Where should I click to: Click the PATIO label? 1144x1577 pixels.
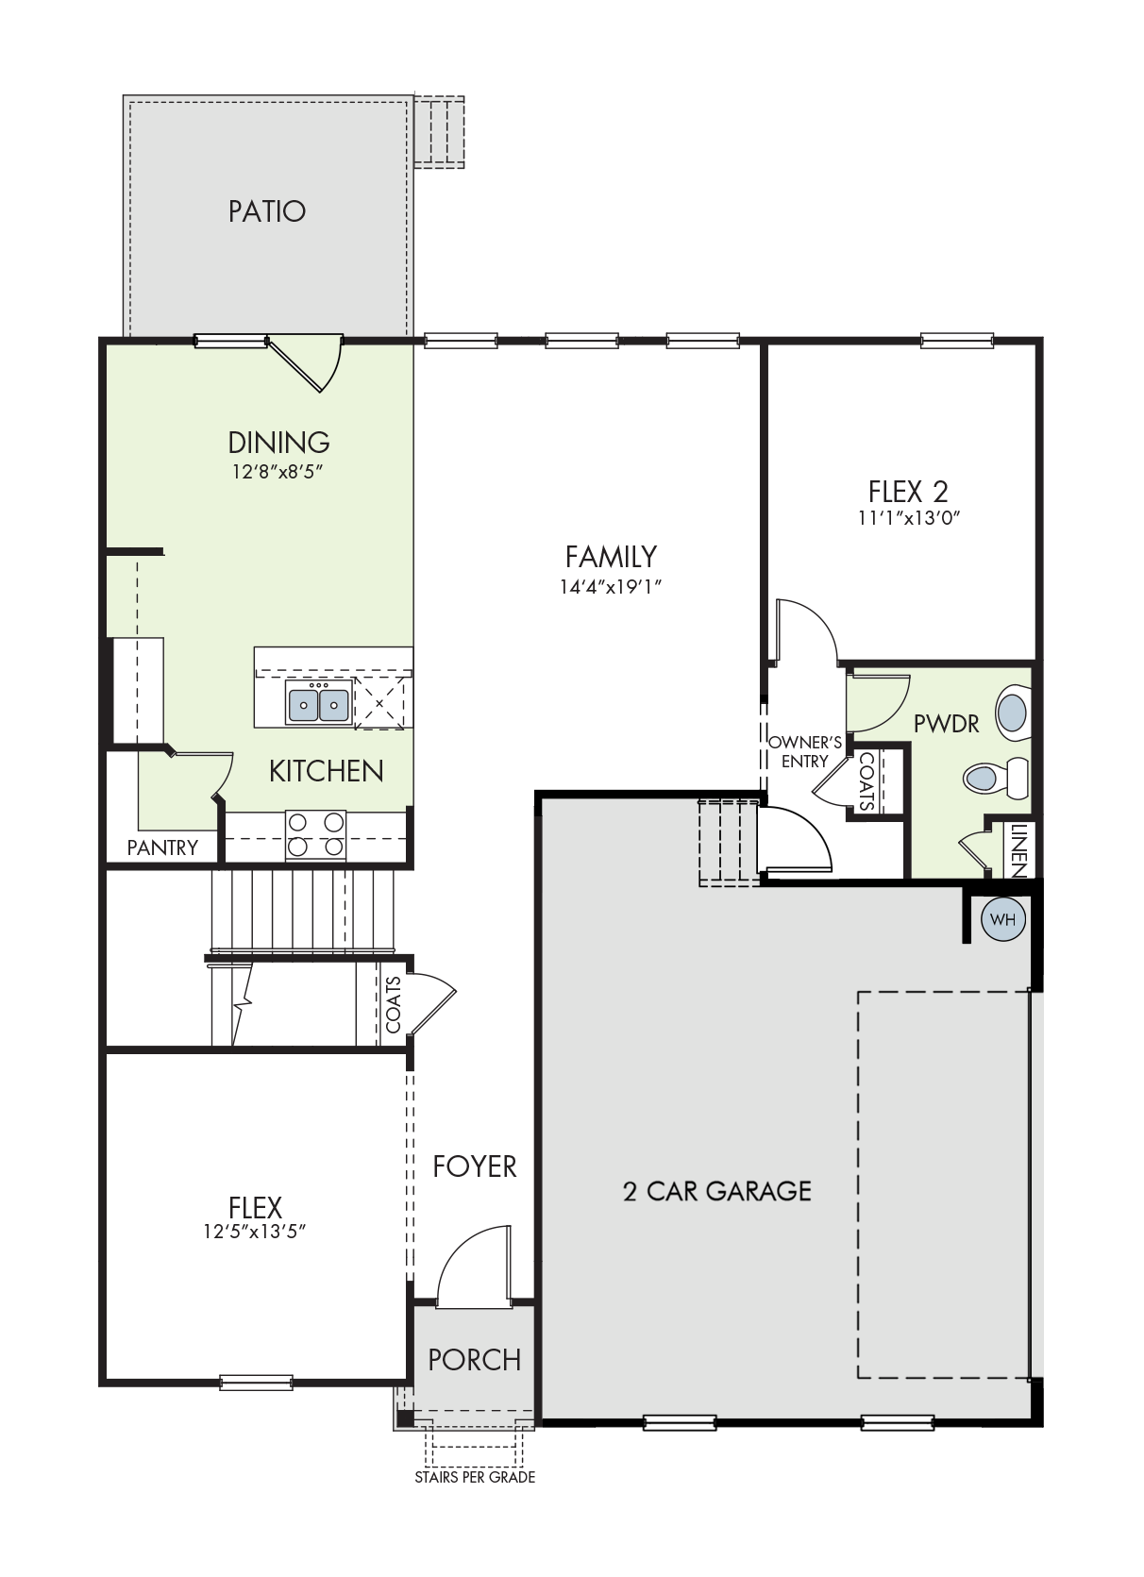pos(267,211)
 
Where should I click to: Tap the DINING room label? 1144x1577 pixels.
pos(278,443)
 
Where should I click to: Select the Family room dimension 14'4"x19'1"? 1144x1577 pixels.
pos(611,586)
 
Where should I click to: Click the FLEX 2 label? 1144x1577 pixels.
pos(908,491)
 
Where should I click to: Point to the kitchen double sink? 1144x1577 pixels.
pos(319,702)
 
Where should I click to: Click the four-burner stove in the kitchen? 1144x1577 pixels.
pos(315,834)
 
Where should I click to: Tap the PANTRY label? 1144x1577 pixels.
pos(162,847)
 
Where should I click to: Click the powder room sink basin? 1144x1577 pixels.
pos(1014,713)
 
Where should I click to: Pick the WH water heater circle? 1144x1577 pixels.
pos(1003,919)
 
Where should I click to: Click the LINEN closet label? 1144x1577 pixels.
pos(1018,849)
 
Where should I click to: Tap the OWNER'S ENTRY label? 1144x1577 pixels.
pos(805,752)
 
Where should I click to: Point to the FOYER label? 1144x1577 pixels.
pos(475,1166)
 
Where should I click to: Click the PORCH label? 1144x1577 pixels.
pos(475,1360)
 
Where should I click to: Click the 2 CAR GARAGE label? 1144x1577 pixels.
pos(716,1190)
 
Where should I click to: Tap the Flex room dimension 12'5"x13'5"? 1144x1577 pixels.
pos(255,1232)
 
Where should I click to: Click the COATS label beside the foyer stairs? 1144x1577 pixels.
pos(394,1005)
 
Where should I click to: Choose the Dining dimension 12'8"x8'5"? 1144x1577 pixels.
pos(278,471)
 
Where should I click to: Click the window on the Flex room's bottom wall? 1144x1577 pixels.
pos(256,1382)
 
